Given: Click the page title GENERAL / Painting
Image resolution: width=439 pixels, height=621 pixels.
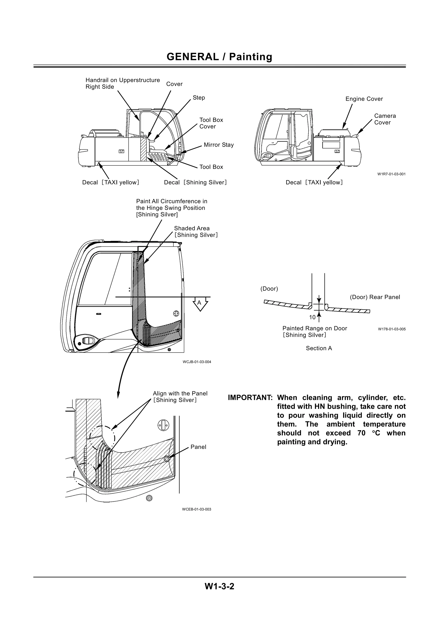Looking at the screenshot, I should point(219,57).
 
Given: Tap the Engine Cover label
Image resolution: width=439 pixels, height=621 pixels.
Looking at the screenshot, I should point(364,99).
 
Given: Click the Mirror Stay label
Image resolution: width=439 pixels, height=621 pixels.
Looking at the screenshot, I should point(219,145).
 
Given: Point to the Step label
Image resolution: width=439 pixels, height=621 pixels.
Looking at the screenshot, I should point(199,98).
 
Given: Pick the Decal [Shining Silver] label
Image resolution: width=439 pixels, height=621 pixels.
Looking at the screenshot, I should point(195,183).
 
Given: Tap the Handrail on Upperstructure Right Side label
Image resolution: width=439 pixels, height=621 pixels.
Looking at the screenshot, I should point(123,84).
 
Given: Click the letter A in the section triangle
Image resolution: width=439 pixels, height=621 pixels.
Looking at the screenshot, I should point(199,303).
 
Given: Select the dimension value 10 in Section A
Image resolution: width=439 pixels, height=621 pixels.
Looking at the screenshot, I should point(312,317).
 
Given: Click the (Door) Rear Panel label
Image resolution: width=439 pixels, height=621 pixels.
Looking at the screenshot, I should point(375,297).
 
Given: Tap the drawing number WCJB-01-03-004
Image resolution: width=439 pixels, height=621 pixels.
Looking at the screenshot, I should point(197,362).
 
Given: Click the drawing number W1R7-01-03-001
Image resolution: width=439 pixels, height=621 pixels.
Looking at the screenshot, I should point(391,174).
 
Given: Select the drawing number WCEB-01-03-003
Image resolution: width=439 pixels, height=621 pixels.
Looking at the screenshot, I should point(196,509).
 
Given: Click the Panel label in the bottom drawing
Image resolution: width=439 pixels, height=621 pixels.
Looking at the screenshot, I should point(198,447).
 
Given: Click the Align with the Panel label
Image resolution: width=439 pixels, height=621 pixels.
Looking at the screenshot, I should point(180,397).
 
